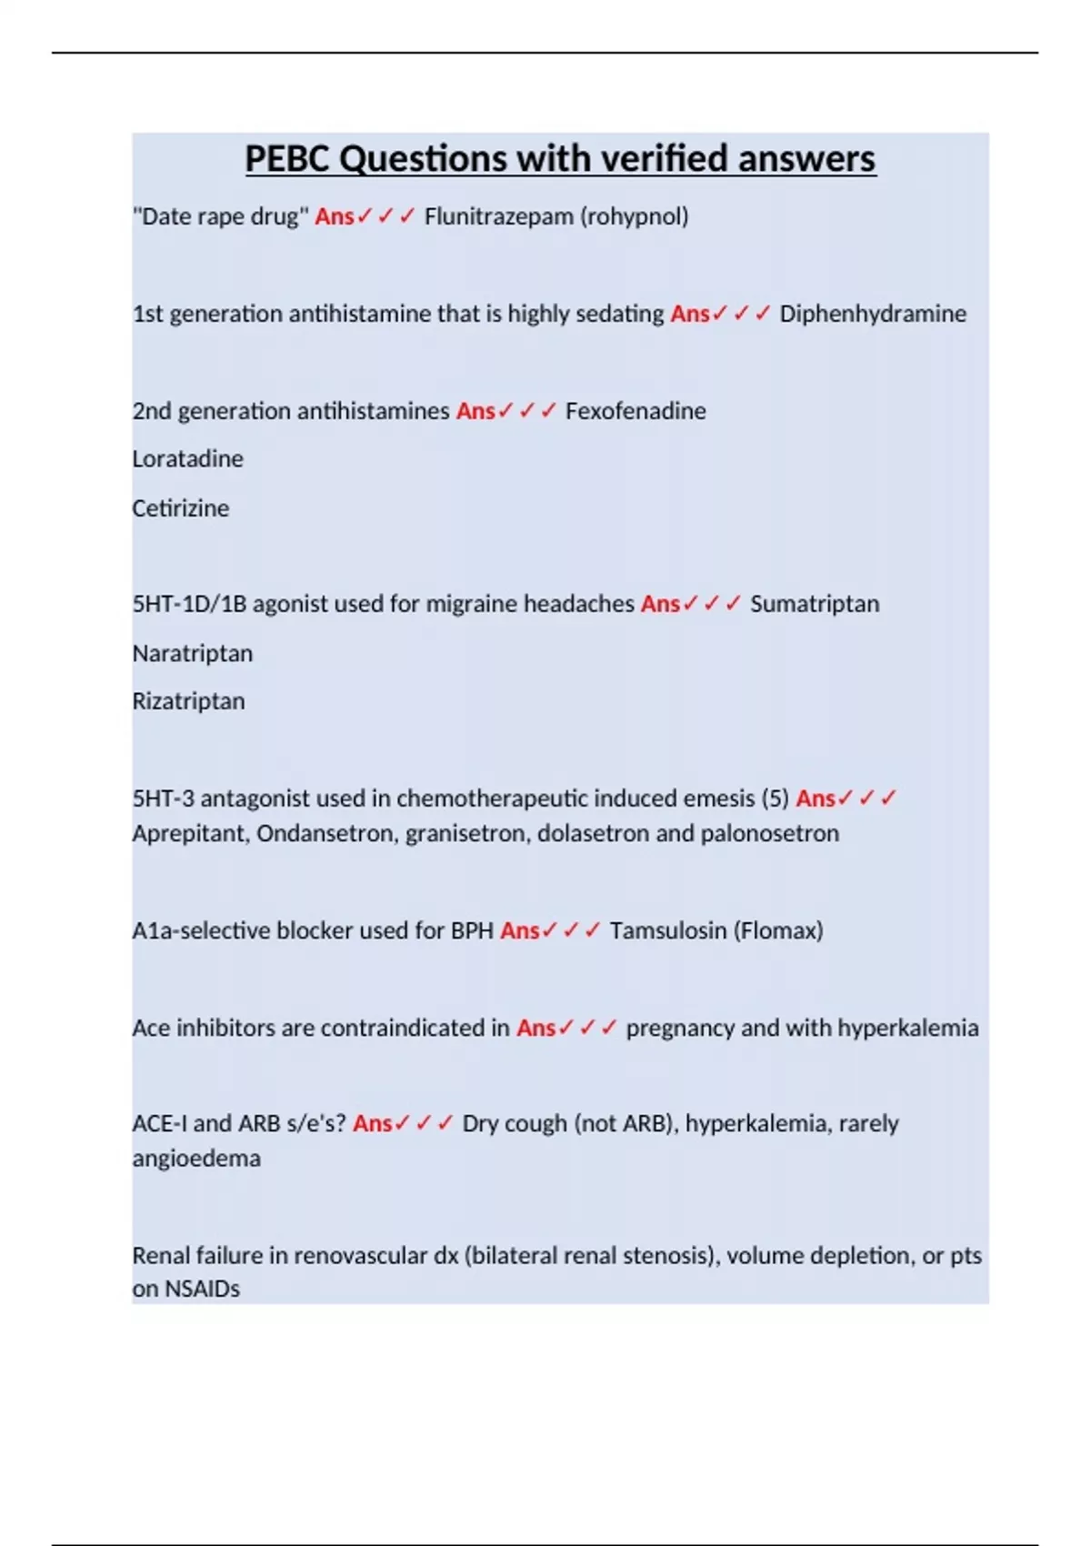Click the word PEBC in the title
[x=288, y=159]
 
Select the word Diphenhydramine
[x=873, y=314]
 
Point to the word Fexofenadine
[x=636, y=411]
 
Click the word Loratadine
[x=187, y=458]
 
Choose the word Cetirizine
[x=180, y=507]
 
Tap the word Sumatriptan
[x=815, y=604]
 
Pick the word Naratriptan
[x=192, y=653]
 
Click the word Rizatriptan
[x=188, y=701]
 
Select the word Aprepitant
[x=190, y=833]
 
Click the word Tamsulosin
[x=668, y=930]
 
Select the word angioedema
[x=196, y=1158]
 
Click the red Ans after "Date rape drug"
[x=334, y=216]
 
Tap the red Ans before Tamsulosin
[x=519, y=930]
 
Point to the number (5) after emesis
[x=775, y=798]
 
